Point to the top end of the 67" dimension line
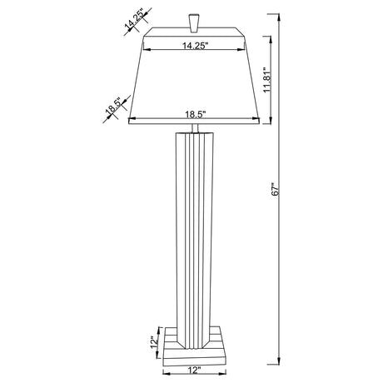point(278,12)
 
